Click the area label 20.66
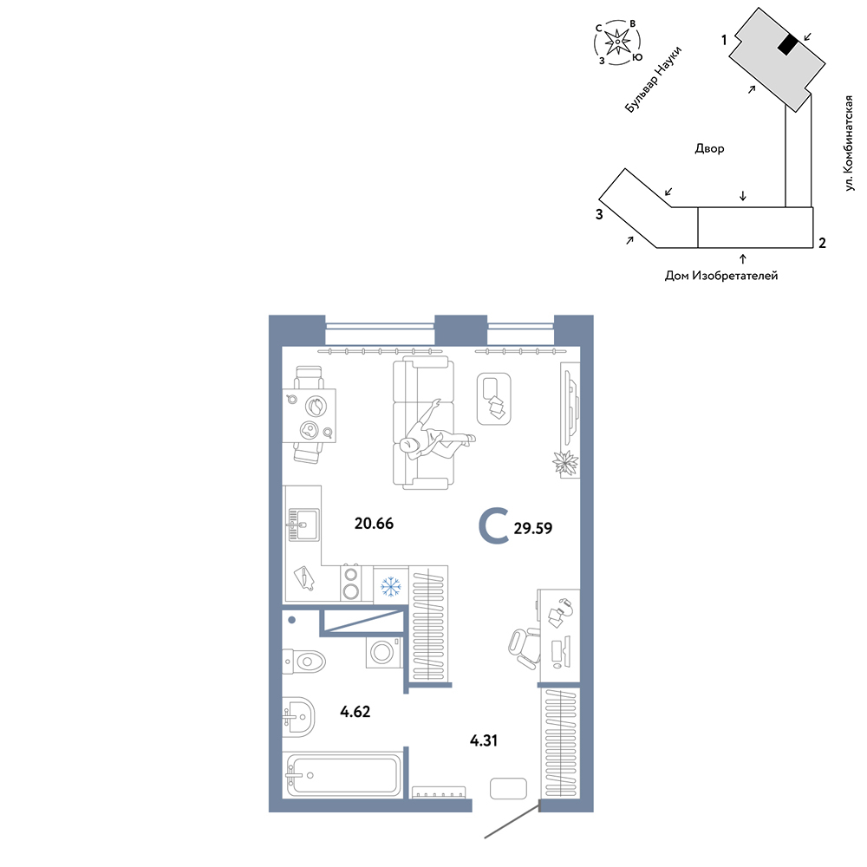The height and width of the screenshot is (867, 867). [x=374, y=523]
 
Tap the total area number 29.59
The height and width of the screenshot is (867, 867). [x=533, y=528]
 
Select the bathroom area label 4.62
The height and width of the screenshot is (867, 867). [x=355, y=711]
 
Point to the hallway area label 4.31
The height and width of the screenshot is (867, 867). [x=484, y=740]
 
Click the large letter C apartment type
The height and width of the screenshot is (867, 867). [x=493, y=527]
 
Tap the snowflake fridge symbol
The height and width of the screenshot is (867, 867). [x=391, y=586]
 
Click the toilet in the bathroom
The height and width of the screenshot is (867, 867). [x=304, y=662]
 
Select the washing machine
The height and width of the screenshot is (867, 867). [x=382, y=653]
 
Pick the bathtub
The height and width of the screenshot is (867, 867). [x=342, y=775]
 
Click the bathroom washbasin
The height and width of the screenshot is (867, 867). [x=298, y=717]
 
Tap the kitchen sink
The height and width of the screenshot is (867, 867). [x=303, y=525]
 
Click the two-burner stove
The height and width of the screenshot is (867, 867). [x=350, y=583]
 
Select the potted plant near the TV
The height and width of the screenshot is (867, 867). [x=565, y=462]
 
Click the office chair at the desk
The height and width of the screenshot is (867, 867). [x=525, y=648]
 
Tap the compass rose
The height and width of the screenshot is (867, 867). [x=617, y=42]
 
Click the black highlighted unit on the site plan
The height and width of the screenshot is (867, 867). [x=787, y=45]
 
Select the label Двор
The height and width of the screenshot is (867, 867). [x=709, y=148]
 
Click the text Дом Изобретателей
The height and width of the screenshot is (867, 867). [x=721, y=275]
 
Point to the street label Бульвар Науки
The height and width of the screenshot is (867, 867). [x=653, y=80]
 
